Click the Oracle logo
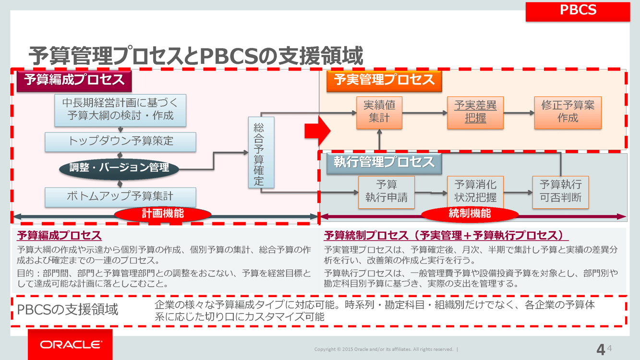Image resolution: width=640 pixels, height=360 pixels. (71, 345)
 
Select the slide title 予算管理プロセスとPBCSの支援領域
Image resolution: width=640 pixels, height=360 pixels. (195, 56)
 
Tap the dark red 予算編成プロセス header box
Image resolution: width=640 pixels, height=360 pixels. (74, 80)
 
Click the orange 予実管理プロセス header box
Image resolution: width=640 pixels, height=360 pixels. (384, 80)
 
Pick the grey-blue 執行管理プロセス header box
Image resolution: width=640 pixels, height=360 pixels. (384, 162)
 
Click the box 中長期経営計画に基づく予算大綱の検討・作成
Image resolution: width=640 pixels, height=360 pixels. (120, 110)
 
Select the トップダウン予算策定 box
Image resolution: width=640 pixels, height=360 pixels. (120, 142)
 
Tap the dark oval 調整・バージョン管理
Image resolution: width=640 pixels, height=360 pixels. (119, 168)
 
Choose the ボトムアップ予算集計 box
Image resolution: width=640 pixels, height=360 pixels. (120, 197)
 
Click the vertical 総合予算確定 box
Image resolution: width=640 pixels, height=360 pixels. (261, 152)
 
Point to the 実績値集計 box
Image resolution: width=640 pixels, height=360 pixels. (379, 112)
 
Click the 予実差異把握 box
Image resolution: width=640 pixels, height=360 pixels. (475, 112)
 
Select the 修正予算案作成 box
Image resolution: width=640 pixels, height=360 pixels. (568, 112)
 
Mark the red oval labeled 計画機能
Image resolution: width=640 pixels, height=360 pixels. (162, 214)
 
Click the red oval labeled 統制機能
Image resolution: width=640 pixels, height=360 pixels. (469, 214)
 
